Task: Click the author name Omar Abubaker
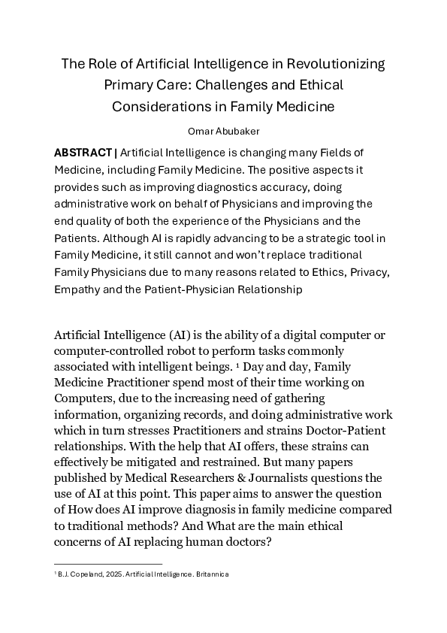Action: click(x=223, y=130)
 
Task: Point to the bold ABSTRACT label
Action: click(x=83, y=152)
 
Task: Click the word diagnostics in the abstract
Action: click(x=254, y=186)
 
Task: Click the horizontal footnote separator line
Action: click(x=108, y=564)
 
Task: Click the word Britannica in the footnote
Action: click(x=213, y=574)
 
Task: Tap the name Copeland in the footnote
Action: click(x=80, y=574)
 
